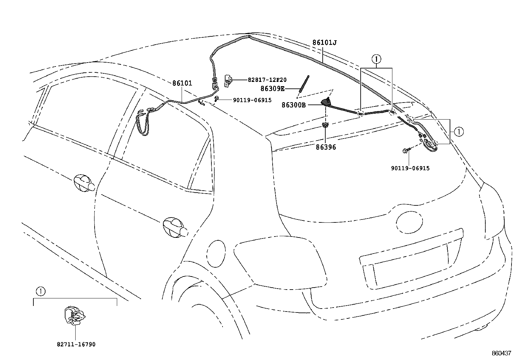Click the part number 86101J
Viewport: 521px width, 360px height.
324,43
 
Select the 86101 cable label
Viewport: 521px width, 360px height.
182,83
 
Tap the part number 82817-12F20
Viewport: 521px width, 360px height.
267,80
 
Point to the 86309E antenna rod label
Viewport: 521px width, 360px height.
272,88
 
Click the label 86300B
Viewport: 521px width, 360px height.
294,105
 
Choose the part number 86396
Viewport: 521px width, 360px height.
326,147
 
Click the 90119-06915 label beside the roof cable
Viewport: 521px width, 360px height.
252,100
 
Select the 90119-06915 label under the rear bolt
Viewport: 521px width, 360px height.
410,168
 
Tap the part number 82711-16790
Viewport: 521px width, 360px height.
76,345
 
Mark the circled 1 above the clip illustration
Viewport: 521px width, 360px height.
40,291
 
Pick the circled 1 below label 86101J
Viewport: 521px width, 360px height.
376,59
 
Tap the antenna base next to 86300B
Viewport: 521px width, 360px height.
327,102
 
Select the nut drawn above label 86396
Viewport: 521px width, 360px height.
325,125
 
